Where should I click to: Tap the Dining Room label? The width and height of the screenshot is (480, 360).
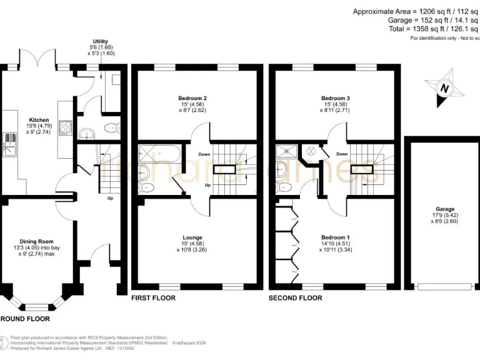point(36,241)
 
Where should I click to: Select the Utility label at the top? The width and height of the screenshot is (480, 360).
point(100,41)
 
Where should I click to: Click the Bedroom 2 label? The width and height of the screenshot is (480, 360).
point(196,98)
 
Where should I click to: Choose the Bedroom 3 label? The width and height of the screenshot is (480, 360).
point(335,98)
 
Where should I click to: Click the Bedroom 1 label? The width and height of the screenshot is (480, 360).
point(335,237)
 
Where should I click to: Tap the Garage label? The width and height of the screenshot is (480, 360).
point(445,209)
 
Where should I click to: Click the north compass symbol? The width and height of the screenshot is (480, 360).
point(444,89)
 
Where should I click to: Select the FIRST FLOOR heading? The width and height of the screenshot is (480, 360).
point(153,298)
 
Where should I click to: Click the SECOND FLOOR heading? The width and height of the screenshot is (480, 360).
point(296,298)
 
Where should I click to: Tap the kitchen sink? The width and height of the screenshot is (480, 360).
point(10,145)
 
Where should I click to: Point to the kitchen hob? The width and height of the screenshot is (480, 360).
point(65,127)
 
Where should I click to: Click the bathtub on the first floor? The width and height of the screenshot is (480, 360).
point(159,152)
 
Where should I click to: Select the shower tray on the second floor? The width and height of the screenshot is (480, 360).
point(288,151)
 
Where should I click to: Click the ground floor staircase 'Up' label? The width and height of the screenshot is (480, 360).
point(110,199)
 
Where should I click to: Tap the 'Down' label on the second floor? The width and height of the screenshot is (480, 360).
point(342,154)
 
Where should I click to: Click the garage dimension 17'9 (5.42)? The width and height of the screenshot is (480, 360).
point(445,216)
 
